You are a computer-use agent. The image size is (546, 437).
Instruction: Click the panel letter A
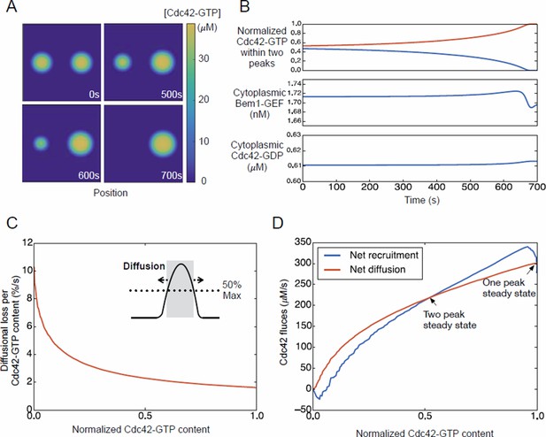click(12, 6)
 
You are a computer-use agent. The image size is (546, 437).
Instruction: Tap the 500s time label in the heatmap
click(172, 95)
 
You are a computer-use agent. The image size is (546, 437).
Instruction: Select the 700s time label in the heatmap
click(172, 175)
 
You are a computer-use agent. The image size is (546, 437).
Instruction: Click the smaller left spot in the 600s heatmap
click(41, 143)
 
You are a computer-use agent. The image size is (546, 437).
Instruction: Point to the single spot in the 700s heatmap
click(162, 143)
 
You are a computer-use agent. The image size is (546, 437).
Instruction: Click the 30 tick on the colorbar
click(204, 58)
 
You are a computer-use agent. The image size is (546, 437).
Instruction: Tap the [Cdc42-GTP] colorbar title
click(192, 13)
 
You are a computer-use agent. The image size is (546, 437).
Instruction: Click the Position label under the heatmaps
click(111, 193)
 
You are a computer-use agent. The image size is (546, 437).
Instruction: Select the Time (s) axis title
click(422, 200)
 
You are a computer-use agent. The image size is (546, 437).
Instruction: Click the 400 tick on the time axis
click(436, 187)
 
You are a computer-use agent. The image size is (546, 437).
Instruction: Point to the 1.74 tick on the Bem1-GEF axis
click(293, 84)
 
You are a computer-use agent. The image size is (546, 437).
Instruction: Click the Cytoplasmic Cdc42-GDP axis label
click(257, 156)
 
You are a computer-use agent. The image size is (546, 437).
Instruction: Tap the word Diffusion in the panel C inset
click(144, 266)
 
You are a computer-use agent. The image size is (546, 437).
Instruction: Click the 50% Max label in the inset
click(232, 290)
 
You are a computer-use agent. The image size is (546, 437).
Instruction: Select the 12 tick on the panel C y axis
click(27, 242)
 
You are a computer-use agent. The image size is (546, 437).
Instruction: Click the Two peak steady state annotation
click(450, 320)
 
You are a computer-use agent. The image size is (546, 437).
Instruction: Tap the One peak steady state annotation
click(509, 288)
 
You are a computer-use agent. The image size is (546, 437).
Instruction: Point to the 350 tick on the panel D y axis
click(303, 242)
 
